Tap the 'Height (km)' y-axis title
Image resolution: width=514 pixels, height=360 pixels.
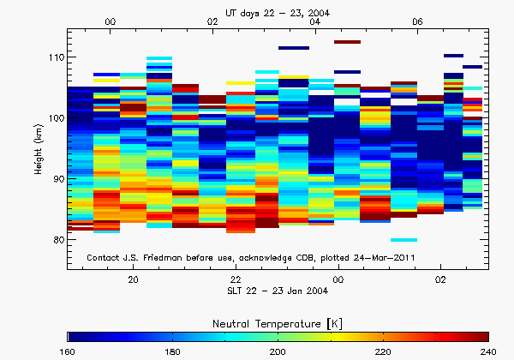(x=39, y=149)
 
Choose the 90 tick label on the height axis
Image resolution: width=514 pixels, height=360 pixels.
(x=57, y=179)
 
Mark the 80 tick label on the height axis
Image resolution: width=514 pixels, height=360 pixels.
(x=57, y=240)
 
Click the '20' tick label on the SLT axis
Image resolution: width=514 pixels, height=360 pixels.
(x=134, y=280)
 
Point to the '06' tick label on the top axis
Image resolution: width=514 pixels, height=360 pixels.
(x=417, y=22)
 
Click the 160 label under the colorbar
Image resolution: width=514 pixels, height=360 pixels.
(x=68, y=351)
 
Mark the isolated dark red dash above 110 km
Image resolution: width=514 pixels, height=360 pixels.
(x=348, y=41)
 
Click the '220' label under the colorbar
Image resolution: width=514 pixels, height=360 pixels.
(x=381, y=351)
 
